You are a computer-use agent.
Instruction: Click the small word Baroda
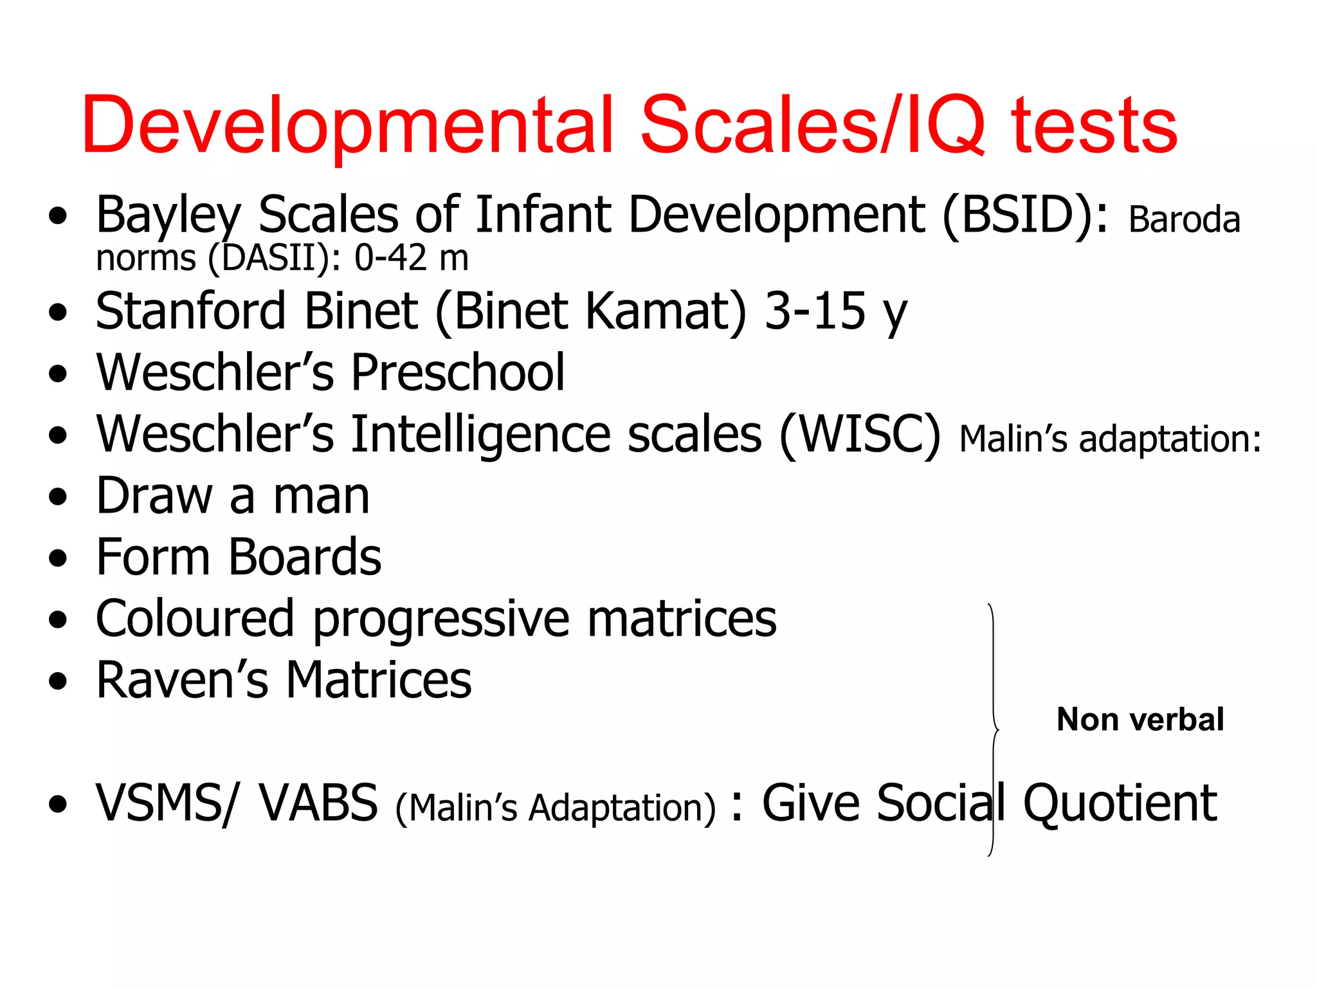[1183, 221]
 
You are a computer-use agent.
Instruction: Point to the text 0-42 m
[411, 259]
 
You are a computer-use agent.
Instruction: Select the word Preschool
[458, 373]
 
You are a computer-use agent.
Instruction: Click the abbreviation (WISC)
[860, 435]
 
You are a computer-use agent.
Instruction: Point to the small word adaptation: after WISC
[1170, 440]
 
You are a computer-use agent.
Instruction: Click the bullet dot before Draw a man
[58, 497]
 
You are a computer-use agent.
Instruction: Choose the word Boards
[305, 558]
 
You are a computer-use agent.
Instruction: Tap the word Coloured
[194, 619]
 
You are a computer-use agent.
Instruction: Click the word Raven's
[182, 681]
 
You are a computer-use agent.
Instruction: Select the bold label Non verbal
[1140, 719]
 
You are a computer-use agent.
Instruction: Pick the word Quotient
[1120, 804]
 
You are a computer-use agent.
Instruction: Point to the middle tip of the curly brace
[997, 731]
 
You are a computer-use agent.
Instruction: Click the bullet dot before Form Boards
[58, 558]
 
